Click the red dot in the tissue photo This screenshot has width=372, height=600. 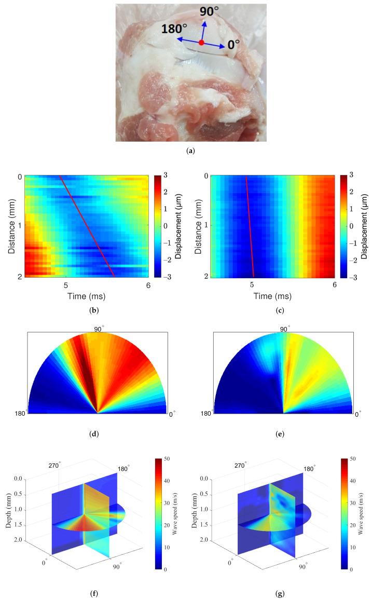pos(201,43)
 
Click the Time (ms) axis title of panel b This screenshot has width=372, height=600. pos(86,298)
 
